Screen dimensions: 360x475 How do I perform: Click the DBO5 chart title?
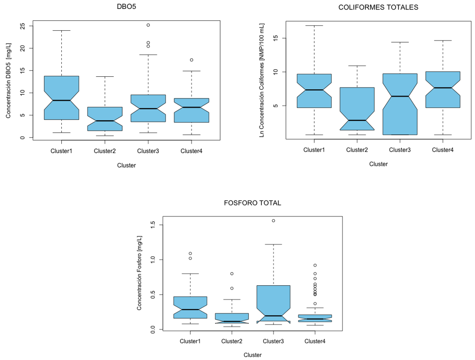pyautogui.click(x=126, y=6)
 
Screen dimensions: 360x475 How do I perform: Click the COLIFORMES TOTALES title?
pyautogui.click(x=379, y=7)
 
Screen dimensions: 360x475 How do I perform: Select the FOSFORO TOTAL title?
pyautogui.click(x=252, y=203)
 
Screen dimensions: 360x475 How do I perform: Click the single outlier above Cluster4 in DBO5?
pyautogui.click(x=191, y=60)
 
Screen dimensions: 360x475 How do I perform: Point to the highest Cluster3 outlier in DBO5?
pyautogui.click(x=148, y=25)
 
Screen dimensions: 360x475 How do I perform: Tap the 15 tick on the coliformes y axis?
pyautogui.click(x=276, y=38)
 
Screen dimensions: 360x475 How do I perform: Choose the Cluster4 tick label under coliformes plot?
pyautogui.click(x=442, y=150)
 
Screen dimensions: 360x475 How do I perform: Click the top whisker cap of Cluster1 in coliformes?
pyautogui.click(x=314, y=25)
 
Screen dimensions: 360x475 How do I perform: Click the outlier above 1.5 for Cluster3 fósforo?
pyautogui.click(x=273, y=220)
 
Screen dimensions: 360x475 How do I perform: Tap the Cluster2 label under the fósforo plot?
pyautogui.click(x=232, y=341)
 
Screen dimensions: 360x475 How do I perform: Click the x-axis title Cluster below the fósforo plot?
pyautogui.click(x=252, y=355)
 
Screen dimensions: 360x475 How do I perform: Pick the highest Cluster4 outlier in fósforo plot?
pyautogui.click(x=315, y=265)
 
